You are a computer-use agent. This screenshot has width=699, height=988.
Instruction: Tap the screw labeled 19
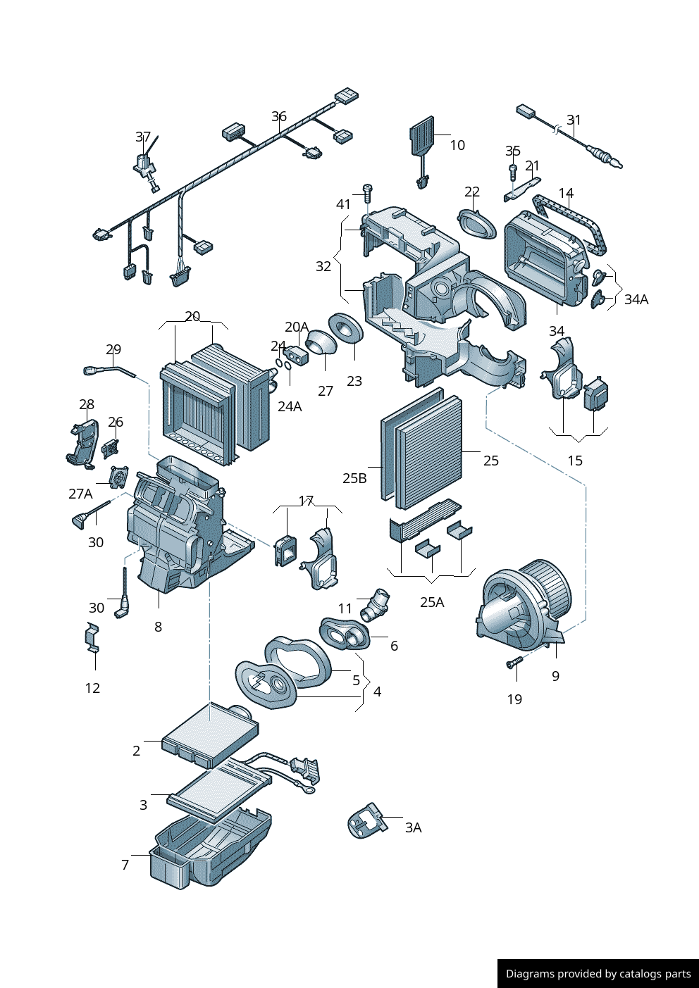coord(514,662)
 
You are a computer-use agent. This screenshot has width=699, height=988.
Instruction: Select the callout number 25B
coord(354,478)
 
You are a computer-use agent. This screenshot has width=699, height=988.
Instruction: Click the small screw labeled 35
coord(512,168)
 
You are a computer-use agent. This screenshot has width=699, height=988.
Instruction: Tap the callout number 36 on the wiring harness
coord(279,116)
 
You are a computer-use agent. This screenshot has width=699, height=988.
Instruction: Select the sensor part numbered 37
coord(146,166)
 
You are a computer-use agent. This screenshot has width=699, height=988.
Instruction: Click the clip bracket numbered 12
coord(92,638)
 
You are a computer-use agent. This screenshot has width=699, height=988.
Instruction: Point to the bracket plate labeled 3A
coord(367,820)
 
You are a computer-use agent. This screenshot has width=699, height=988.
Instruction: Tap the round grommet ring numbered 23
coord(346,328)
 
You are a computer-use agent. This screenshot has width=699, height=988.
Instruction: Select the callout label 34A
coord(636,299)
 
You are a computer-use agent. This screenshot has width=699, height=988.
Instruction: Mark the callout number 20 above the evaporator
coord(192,317)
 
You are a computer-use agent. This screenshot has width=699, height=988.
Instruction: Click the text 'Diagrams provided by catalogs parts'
coord(598,974)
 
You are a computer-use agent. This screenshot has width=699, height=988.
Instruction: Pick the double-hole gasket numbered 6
coord(345,633)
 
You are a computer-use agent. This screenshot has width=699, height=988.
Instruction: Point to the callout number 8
coord(158,627)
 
